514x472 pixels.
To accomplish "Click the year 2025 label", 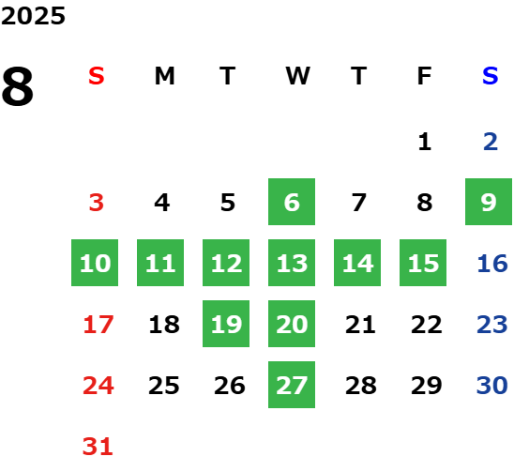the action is pyautogui.click(x=33, y=16).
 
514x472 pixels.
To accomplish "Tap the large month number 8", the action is pyautogui.click(x=18, y=86).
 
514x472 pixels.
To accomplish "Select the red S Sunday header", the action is pyautogui.click(x=97, y=76).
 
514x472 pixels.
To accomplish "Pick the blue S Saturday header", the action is pyautogui.click(x=490, y=76).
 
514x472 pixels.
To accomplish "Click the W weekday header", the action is pyautogui.click(x=297, y=76).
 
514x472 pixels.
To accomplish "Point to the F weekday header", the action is pyautogui.click(x=424, y=76).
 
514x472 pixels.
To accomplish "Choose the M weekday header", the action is pyautogui.click(x=164, y=76).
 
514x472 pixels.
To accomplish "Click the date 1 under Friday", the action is pyautogui.click(x=425, y=142).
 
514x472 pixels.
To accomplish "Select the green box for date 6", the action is pyautogui.click(x=292, y=202).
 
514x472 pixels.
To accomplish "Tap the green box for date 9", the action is pyautogui.click(x=489, y=202).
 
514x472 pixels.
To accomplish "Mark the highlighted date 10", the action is pyautogui.click(x=95, y=263).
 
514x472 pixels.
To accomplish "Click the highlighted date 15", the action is pyautogui.click(x=423, y=263).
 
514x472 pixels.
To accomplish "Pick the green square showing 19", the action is pyautogui.click(x=226, y=324).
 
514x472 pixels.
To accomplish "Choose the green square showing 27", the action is pyautogui.click(x=292, y=385).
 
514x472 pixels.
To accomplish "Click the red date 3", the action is pyautogui.click(x=97, y=203).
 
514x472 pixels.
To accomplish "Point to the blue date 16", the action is pyautogui.click(x=492, y=264).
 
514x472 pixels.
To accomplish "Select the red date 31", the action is pyautogui.click(x=98, y=447).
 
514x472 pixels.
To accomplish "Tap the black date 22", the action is pyautogui.click(x=427, y=325).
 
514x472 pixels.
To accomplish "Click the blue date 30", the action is pyautogui.click(x=492, y=385).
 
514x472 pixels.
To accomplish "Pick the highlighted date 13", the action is pyautogui.click(x=292, y=263).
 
